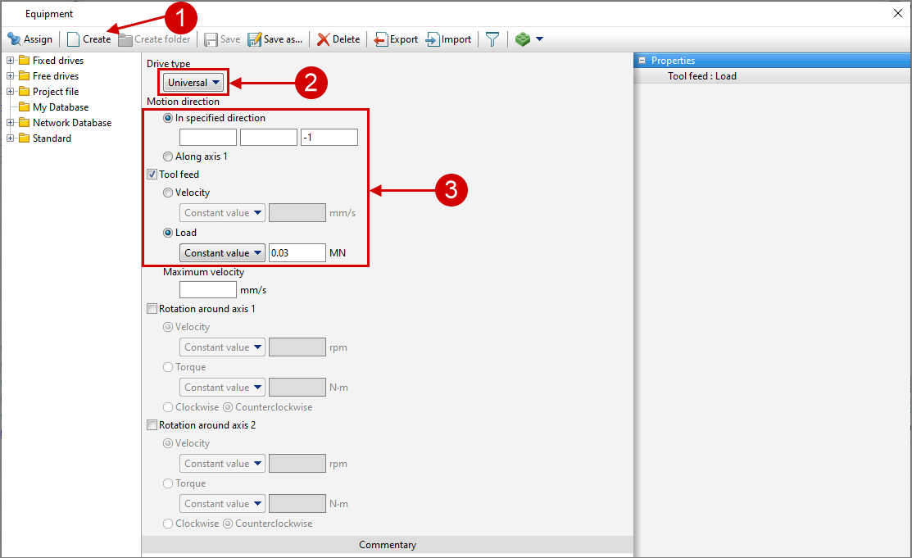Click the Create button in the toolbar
89,39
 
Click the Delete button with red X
338,39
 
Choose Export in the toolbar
396,39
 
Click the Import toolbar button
448,39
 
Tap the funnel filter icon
492,39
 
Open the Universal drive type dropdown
193,83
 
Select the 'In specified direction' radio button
168,118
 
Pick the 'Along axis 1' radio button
168,157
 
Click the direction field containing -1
329,138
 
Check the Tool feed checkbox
152,174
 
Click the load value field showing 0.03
297,252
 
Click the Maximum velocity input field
207,289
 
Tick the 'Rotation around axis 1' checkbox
152,309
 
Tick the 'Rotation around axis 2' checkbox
152,425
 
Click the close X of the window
897,13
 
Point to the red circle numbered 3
451,189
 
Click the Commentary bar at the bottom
388,545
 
